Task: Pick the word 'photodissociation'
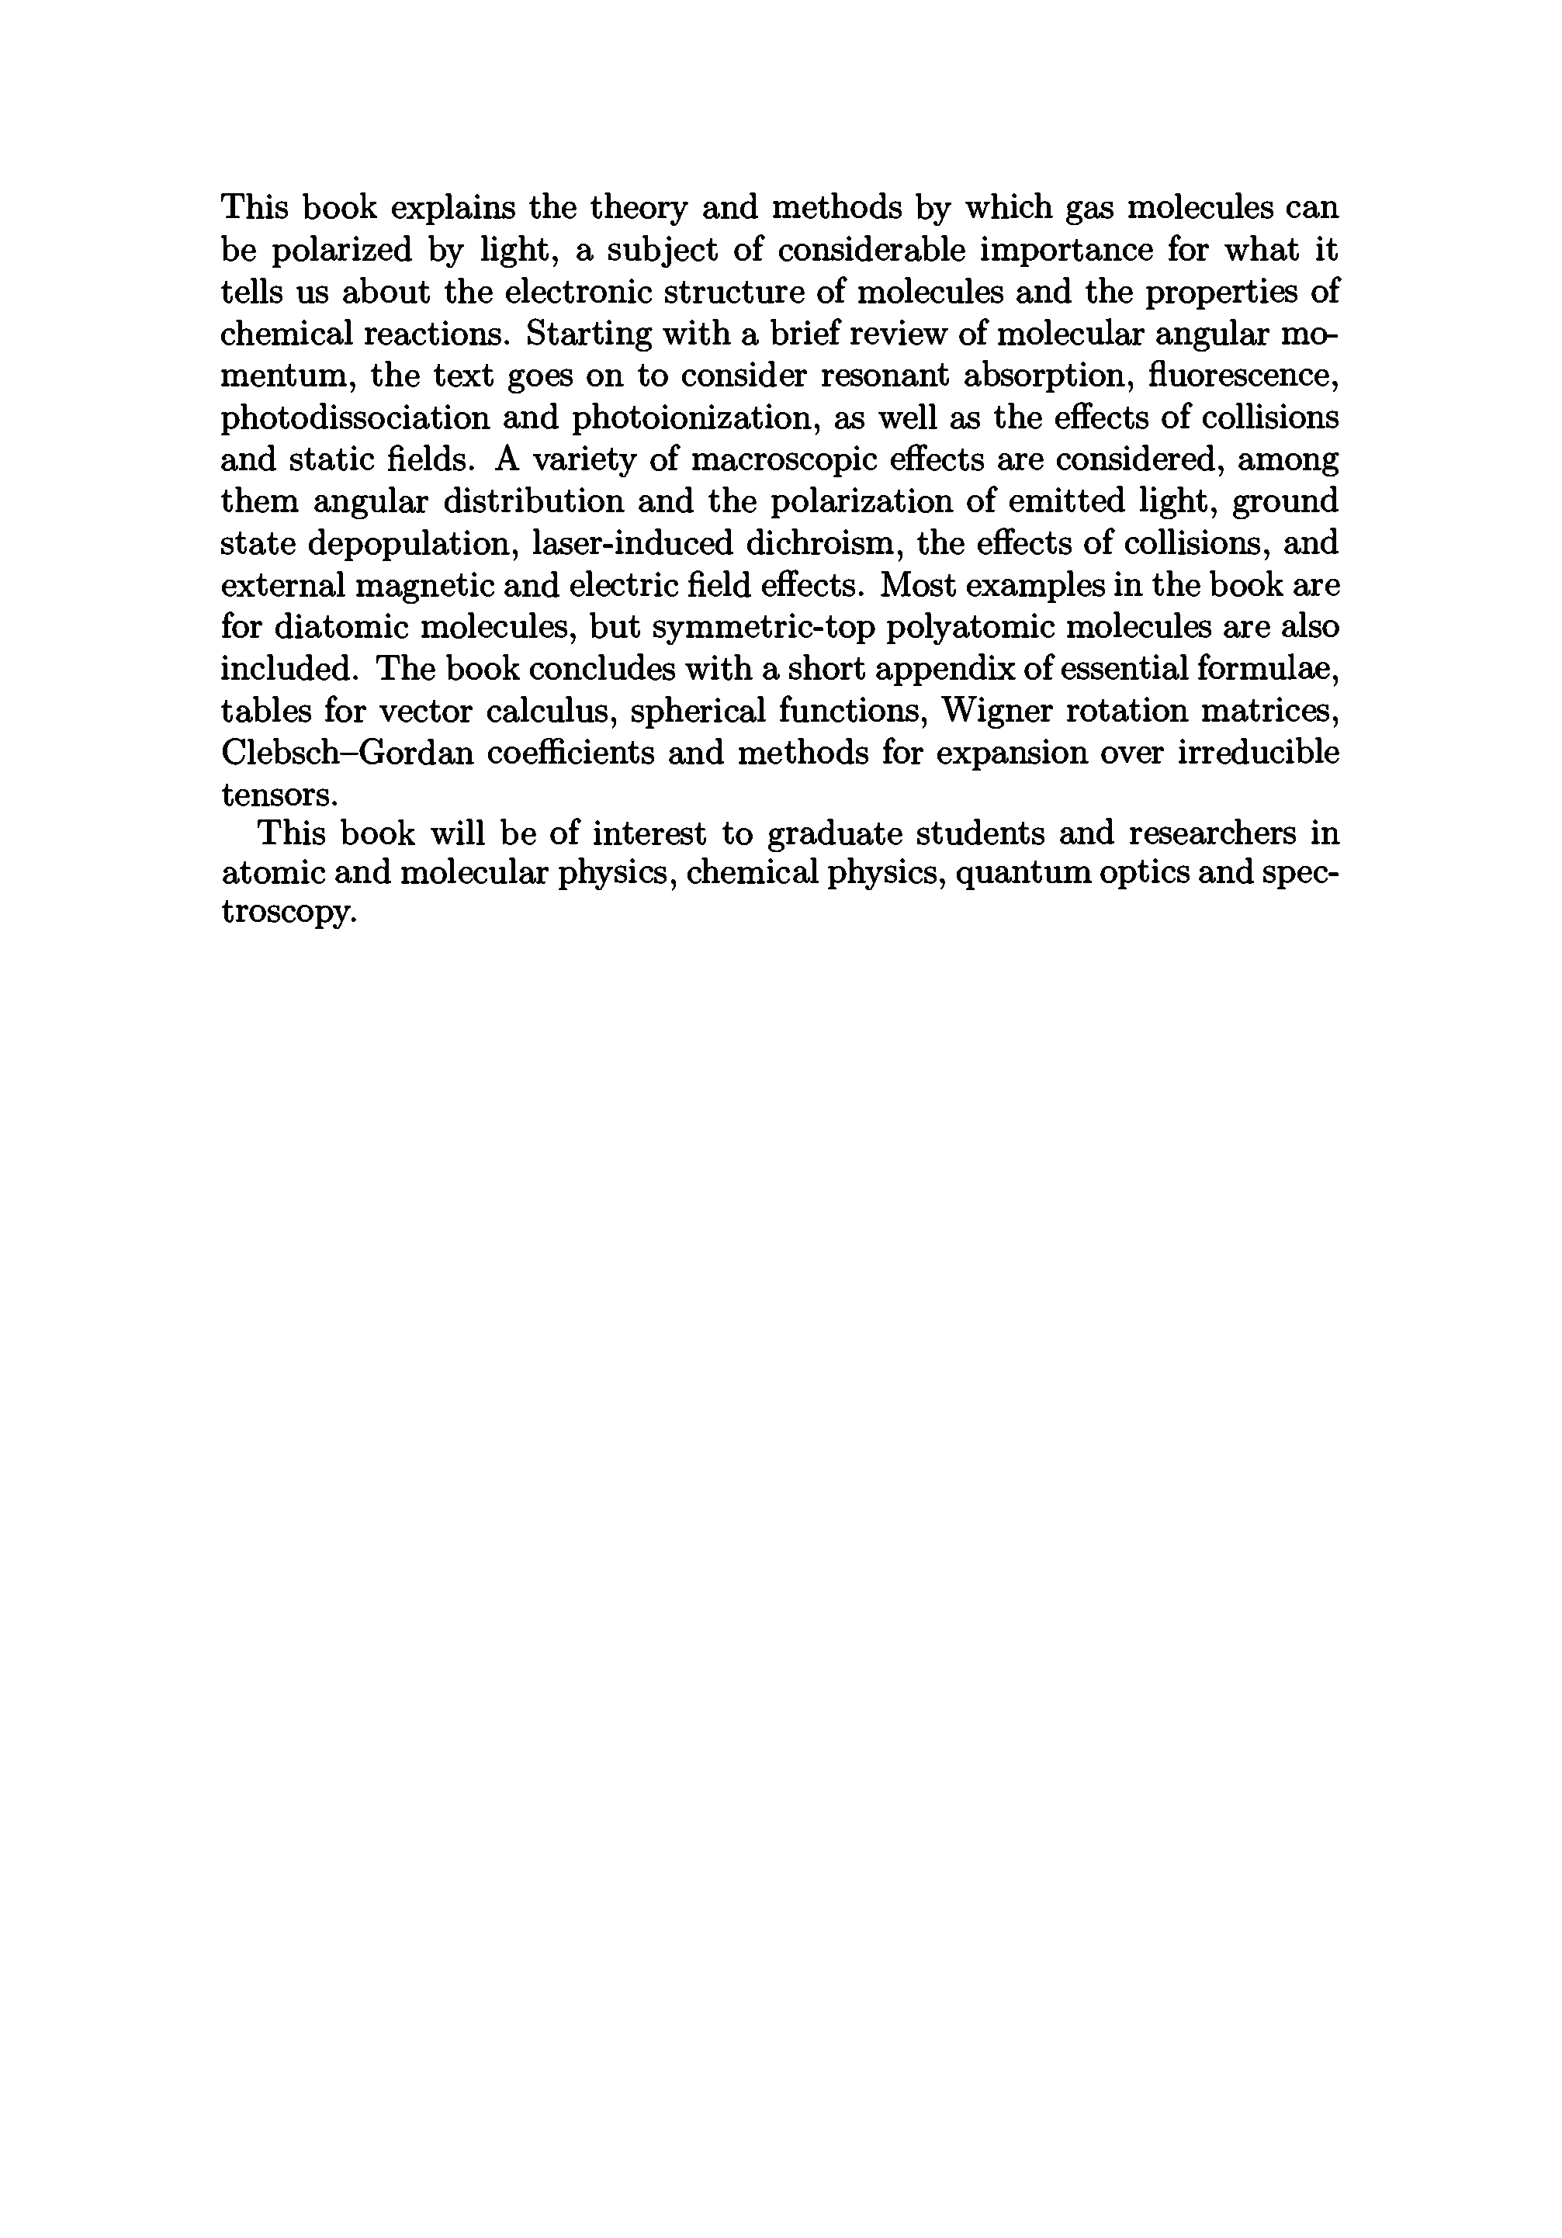355,417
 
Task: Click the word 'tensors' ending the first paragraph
279,795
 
